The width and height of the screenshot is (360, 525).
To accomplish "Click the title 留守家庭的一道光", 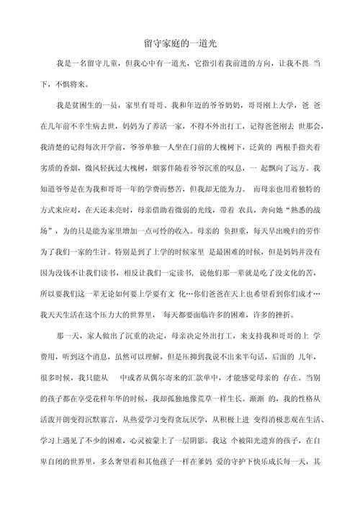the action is (x=179, y=44).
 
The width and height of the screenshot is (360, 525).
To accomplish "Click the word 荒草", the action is (x=228, y=398).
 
